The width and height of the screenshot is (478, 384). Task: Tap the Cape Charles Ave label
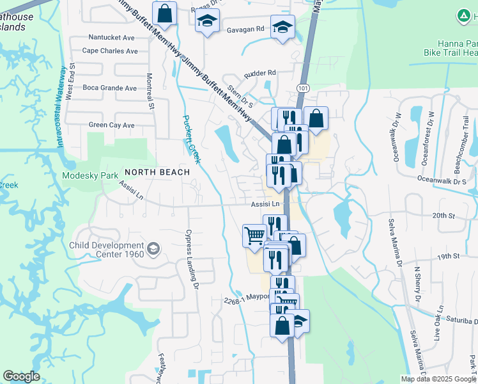pos(110,51)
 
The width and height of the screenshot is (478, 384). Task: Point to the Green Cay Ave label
pos(112,125)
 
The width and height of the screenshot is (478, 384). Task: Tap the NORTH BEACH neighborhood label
pos(157,172)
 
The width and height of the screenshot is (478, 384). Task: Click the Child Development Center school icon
pos(153,248)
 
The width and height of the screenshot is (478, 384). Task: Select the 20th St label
pos(442,216)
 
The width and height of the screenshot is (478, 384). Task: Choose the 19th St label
pos(449,256)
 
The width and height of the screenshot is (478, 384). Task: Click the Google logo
pos(21,376)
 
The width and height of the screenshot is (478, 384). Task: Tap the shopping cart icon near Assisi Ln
pos(254,236)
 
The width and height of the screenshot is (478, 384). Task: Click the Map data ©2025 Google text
pos(438,379)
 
